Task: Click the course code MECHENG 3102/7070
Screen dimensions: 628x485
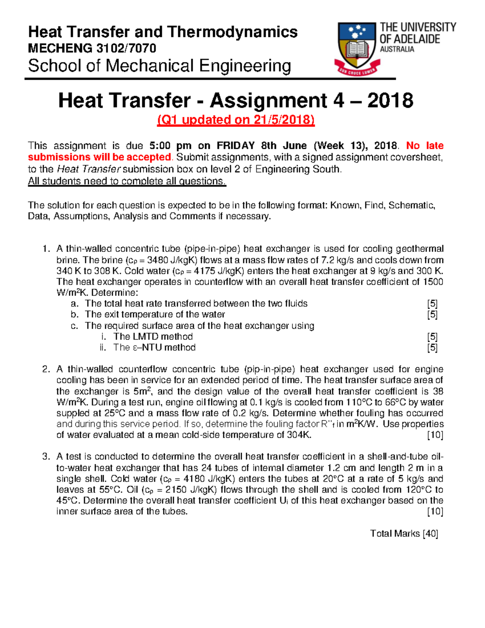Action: (x=92, y=49)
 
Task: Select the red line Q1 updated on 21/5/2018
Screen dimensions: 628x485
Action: (x=236, y=120)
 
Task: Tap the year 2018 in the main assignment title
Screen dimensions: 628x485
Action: (x=390, y=100)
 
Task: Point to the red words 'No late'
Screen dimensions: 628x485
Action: (x=424, y=146)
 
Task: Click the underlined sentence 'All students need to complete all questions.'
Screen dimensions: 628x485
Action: (x=127, y=181)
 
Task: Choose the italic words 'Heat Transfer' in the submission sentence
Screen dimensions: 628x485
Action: (x=89, y=169)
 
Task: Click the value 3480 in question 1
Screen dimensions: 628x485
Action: (x=159, y=260)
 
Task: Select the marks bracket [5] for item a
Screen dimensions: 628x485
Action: (x=432, y=304)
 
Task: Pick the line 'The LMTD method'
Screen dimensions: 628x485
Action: (x=153, y=336)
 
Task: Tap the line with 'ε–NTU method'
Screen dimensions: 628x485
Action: (x=154, y=347)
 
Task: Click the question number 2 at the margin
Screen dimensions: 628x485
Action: (x=46, y=369)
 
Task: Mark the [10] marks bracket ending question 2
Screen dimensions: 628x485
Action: (x=435, y=435)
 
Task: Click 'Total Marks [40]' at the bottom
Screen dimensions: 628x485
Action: (x=404, y=534)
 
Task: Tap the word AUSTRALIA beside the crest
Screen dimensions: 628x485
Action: (x=397, y=49)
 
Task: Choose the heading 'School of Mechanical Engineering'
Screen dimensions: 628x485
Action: (x=159, y=66)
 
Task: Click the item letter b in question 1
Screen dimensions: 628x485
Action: (x=74, y=315)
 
